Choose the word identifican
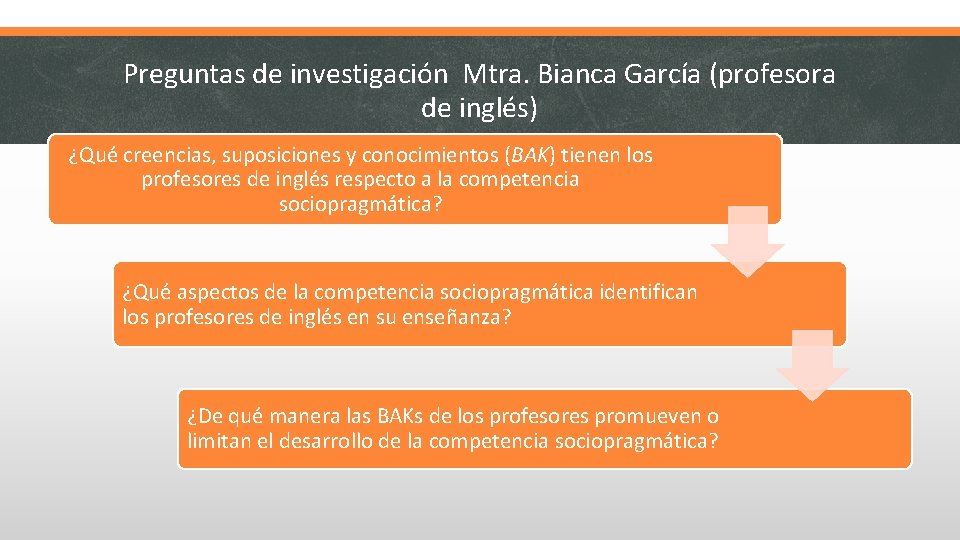pyautogui.click(x=648, y=293)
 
